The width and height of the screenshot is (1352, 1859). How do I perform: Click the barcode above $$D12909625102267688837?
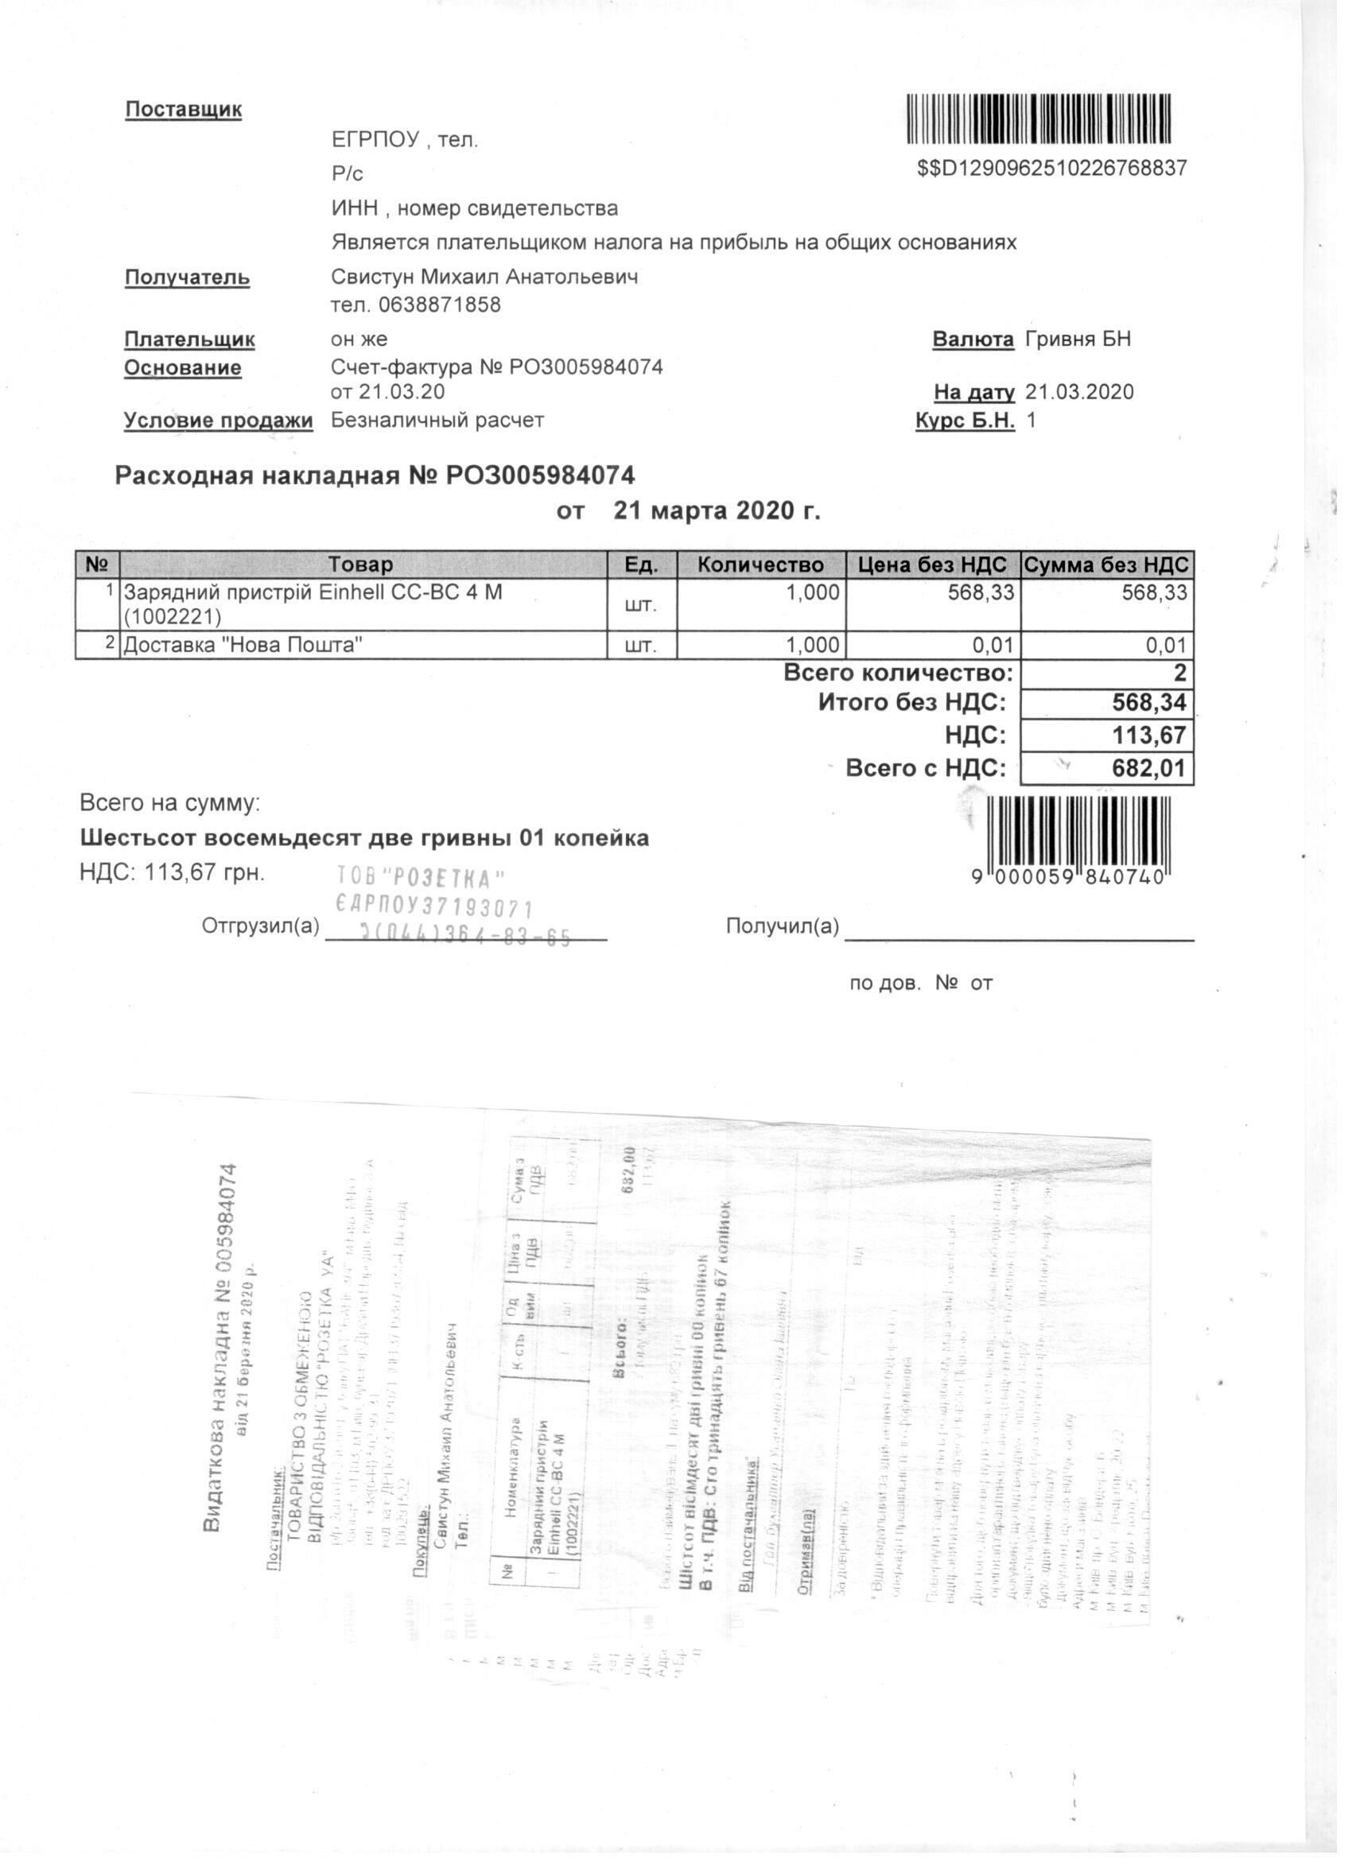click(1039, 122)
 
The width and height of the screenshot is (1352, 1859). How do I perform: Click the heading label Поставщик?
click(183, 110)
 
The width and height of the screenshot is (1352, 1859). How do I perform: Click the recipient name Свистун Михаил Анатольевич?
click(484, 277)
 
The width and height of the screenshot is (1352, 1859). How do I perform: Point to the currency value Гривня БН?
click(1078, 339)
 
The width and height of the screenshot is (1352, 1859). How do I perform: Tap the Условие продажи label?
click(218, 421)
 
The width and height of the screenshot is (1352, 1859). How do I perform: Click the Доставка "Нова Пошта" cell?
click(243, 645)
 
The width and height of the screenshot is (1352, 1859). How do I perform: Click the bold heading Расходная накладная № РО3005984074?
click(375, 475)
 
